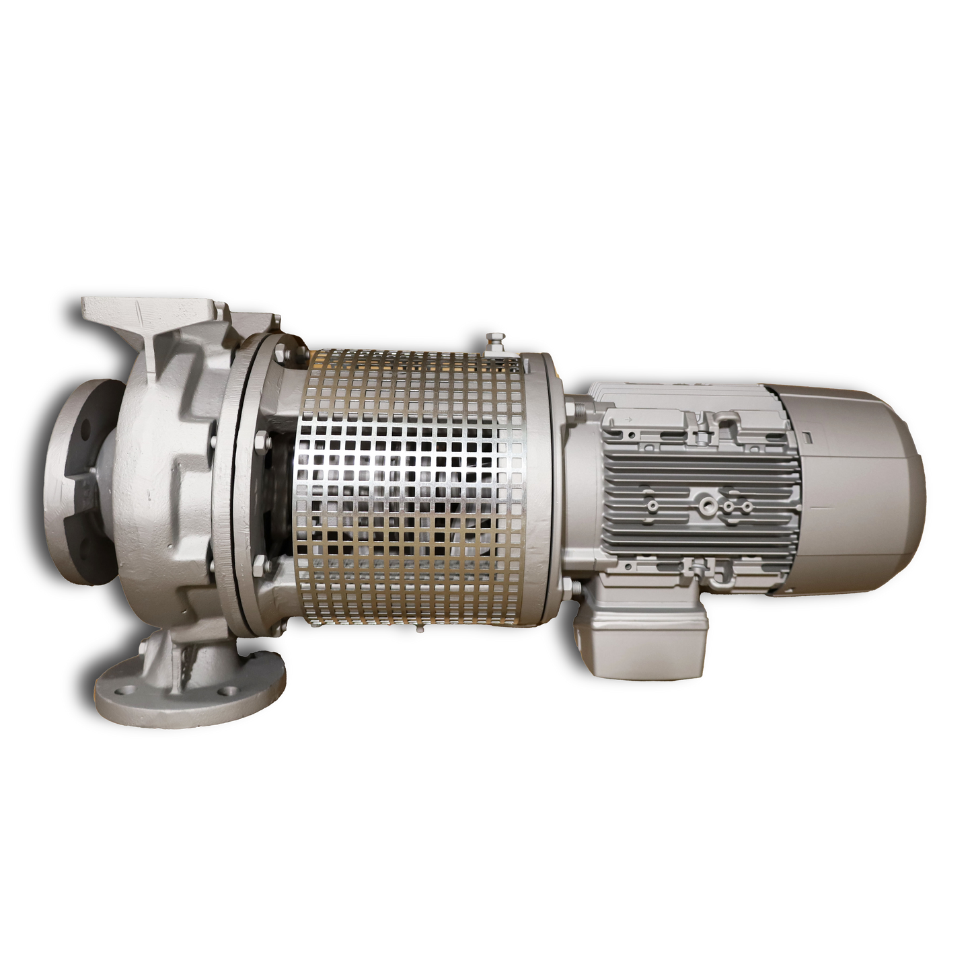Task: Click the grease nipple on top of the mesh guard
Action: pyautogui.click(x=493, y=341)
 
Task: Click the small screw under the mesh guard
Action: pyautogui.click(x=419, y=631)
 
